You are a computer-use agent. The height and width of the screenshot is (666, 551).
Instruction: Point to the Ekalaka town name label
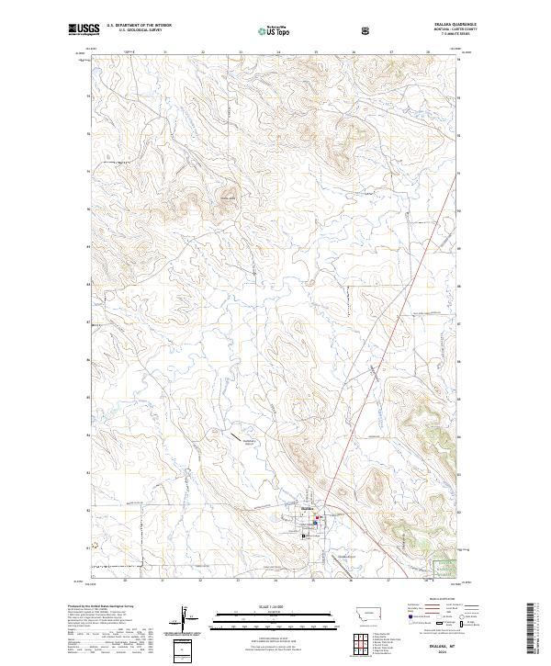point(308,506)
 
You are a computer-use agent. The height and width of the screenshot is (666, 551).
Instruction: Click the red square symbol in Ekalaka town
point(318,520)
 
